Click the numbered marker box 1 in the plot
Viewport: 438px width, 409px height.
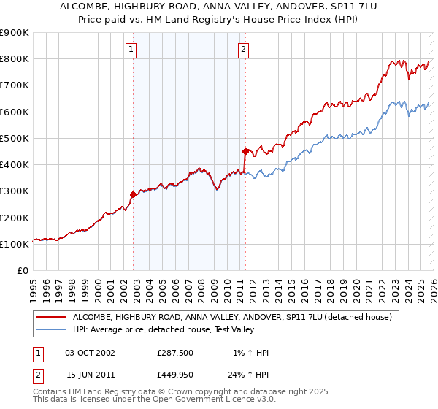coord(131,50)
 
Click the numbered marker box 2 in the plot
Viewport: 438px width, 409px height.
coord(243,50)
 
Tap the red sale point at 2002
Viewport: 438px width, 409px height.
coord(133,195)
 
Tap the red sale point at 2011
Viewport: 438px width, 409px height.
coord(245,152)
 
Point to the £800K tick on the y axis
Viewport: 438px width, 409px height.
coord(15,59)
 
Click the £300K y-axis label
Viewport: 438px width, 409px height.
coord(15,191)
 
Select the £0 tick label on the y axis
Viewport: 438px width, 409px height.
coord(23,271)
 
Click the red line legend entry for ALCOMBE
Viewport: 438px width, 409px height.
coord(232,317)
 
